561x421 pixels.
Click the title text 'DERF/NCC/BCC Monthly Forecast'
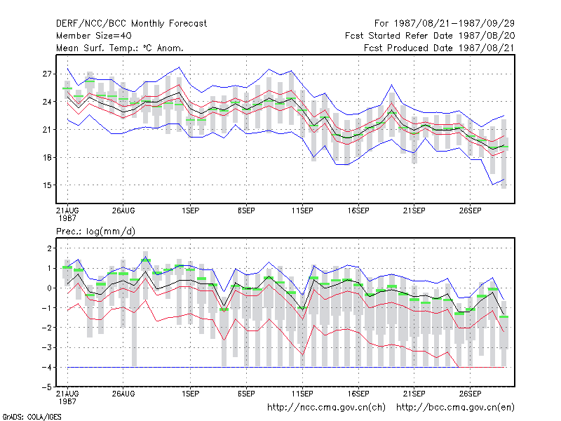(131, 24)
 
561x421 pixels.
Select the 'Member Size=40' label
(94, 36)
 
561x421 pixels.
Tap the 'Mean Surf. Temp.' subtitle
(99, 48)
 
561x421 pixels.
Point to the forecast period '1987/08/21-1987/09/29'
(454, 24)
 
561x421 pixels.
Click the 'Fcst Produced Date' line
(439, 48)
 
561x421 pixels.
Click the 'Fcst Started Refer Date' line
(430, 36)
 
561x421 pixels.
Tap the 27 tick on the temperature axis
(47, 74)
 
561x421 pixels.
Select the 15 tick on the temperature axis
(47, 185)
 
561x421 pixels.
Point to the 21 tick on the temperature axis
(47, 130)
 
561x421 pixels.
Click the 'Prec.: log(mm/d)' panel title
(95, 232)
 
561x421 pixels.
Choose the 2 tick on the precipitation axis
(49, 248)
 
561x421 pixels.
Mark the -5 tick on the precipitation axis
(47, 387)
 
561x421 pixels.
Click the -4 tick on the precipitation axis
(47, 367)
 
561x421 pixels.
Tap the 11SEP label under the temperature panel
(302, 210)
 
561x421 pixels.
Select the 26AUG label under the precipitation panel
(123, 394)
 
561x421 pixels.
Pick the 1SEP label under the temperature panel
(190, 210)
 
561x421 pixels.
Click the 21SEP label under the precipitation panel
(414, 394)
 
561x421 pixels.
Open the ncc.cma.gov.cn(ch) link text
(327, 408)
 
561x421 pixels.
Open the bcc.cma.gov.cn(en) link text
(455, 408)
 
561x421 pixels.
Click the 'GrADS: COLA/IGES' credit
(32, 417)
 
